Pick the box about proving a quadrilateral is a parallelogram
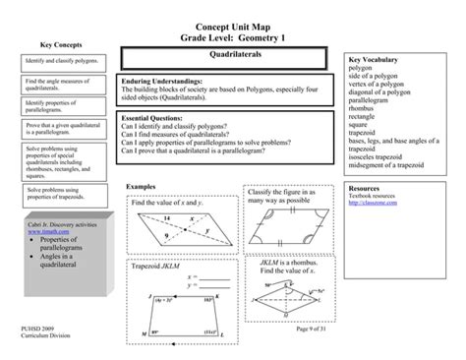tap(61, 128)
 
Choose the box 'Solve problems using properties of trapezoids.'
tap(61, 192)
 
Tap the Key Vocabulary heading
tap(378, 60)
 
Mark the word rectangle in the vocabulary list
tap(366, 116)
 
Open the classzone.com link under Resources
tap(371, 203)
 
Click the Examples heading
tap(143, 186)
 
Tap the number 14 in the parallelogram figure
tap(168, 215)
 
